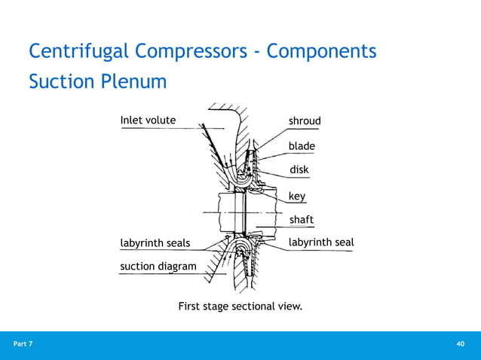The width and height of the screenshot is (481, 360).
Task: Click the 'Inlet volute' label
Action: (x=148, y=120)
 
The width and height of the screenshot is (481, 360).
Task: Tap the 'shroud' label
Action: (x=305, y=121)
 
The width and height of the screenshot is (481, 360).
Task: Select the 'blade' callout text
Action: (x=302, y=145)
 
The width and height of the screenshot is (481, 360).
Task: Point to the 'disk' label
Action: (x=299, y=170)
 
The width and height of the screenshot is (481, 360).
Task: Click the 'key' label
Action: (x=297, y=196)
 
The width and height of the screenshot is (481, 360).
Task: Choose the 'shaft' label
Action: (x=301, y=220)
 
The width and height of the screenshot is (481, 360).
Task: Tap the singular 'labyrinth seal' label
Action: (x=321, y=243)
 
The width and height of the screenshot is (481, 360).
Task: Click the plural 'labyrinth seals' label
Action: (x=155, y=243)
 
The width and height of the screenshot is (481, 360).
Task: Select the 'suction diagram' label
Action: (x=158, y=266)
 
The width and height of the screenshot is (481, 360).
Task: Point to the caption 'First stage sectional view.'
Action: (x=240, y=307)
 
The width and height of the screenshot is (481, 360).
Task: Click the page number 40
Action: (x=460, y=344)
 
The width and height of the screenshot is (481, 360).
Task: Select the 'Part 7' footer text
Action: (x=23, y=344)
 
